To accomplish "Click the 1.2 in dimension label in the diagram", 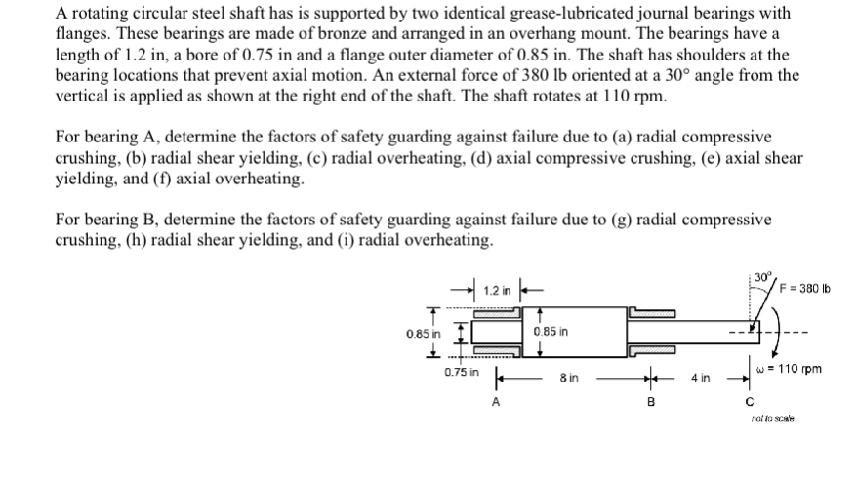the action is (x=498, y=291).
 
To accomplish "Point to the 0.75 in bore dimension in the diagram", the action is (x=461, y=372).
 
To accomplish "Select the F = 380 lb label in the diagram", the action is (x=806, y=285).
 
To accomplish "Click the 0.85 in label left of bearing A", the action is (x=425, y=334).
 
